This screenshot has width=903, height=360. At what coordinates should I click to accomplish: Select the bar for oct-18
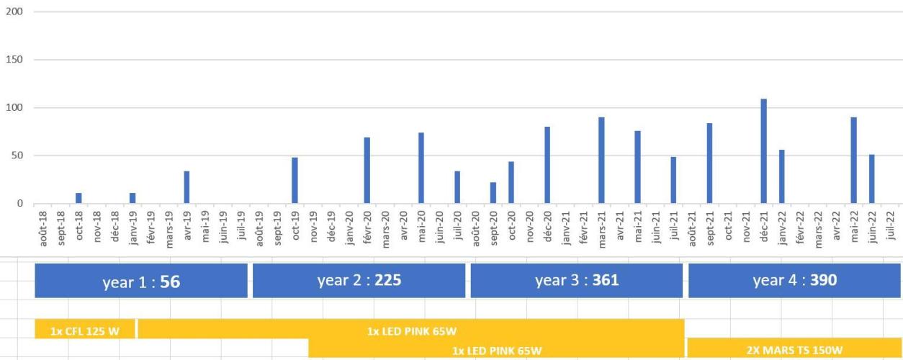point(79,198)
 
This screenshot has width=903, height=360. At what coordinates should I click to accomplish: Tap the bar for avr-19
point(187,187)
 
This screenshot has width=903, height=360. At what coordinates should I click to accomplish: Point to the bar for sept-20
point(493,193)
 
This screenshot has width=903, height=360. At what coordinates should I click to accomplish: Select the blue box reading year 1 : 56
point(141,281)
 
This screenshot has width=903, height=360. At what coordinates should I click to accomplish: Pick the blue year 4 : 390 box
point(795,281)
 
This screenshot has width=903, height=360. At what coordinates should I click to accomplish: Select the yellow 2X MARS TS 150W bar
point(795,349)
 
